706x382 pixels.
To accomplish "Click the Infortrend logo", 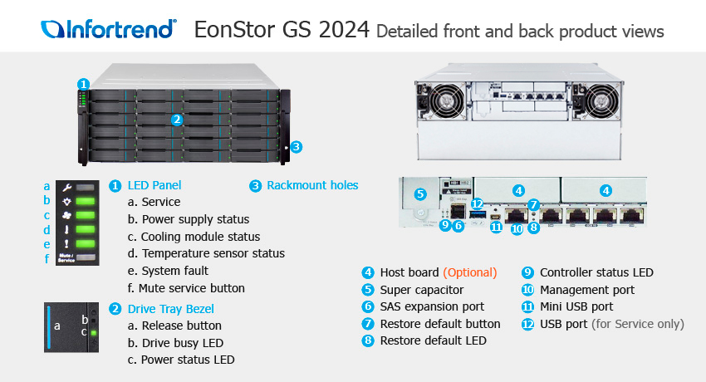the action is [x=109, y=29].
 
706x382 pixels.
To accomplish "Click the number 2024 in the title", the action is [x=344, y=30].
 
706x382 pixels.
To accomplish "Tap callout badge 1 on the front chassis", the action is [x=83, y=84].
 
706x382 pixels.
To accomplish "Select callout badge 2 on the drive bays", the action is [x=177, y=120].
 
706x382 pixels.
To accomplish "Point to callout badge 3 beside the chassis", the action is [x=296, y=147].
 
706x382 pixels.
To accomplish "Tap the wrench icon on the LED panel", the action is [x=66, y=188].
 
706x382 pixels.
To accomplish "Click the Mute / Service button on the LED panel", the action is [x=86, y=257].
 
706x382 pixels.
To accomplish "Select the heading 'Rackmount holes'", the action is [x=312, y=185].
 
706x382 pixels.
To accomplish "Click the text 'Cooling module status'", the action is [x=200, y=237].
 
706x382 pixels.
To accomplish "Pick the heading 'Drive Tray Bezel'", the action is [x=170, y=309].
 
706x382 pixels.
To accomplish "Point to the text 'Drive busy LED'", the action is [x=183, y=343].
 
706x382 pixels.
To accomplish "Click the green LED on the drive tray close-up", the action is [x=94, y=333].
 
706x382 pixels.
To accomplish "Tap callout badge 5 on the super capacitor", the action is [x=420, y=194].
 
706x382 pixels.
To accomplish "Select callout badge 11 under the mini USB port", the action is [x=496, y=228].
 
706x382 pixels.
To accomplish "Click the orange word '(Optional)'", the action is [x=470, y=272].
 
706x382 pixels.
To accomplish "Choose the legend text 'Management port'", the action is [x=587, y=290].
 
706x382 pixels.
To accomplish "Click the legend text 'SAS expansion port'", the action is [x=432, y=307].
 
